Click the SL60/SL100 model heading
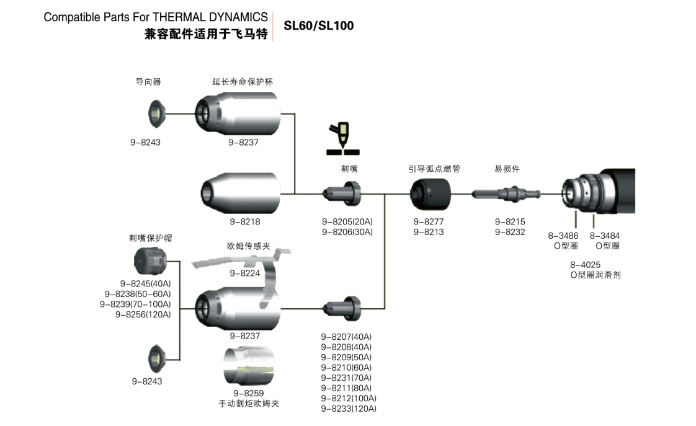(318, 26)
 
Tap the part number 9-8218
(244, 221)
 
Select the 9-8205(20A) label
(347, 221)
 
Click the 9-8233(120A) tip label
(348, 408)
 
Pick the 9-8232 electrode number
(509, 232)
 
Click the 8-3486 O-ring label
(563, 236)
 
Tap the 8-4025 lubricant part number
(585, 264)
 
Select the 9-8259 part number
(248, 393)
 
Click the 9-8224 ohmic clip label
(245, 273)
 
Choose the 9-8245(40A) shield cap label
(145, 283)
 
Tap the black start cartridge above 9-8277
(430, 193)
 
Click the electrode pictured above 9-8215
(506, 194)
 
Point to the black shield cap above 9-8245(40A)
(149, 261)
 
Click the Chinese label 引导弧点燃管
(434, 169)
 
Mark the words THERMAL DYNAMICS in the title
(209, 17)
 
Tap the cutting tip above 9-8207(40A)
(342, 306)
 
